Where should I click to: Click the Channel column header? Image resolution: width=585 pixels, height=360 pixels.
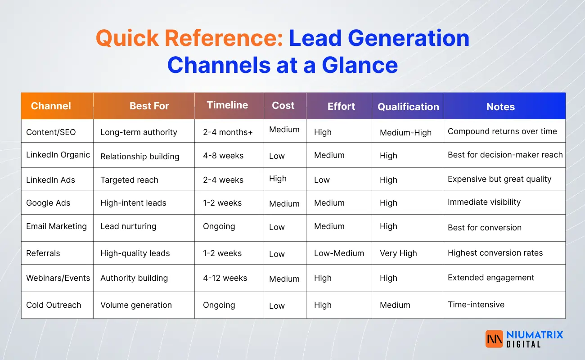click(51, 106)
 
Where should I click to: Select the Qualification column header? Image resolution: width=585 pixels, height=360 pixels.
click(408, 107)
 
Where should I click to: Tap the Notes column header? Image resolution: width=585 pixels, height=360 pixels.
click(500, 107)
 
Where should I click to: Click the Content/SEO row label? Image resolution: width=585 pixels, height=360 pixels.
click(51, 132)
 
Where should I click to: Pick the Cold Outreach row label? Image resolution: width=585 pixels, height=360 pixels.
click(54, 305)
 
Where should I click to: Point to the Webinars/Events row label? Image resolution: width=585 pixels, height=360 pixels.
click(58, 278)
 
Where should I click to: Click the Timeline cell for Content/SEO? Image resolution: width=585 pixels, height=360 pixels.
click(228, 132)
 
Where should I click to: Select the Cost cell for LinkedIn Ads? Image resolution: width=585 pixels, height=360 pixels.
click(278, 179)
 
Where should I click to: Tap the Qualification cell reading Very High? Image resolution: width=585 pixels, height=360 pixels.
click(398, 253)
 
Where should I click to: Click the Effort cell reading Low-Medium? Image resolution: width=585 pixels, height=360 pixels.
click(339, 253)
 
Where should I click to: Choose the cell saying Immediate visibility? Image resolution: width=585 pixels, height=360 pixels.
click(484, 202)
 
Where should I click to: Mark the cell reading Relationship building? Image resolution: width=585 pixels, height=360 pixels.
click(139, 157)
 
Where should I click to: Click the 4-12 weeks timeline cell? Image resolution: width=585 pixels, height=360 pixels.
click(225, 278)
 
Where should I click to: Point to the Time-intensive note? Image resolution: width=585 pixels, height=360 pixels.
click(476, 305)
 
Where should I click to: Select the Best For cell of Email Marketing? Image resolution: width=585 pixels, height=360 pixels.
click(128, 226)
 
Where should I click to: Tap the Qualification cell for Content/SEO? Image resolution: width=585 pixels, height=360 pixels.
click(405, 133)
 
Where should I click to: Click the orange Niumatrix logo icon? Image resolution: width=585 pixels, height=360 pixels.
click(494, 339)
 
